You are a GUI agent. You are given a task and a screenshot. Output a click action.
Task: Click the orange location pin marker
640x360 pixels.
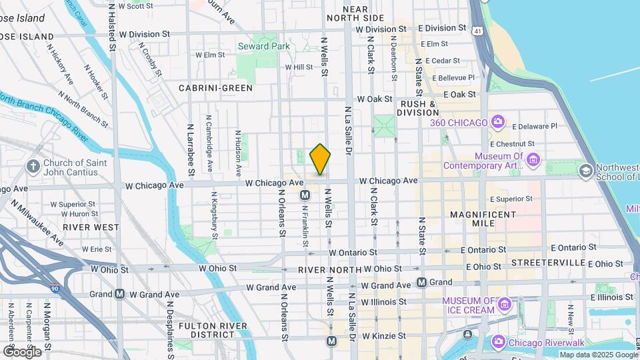pos(320,159)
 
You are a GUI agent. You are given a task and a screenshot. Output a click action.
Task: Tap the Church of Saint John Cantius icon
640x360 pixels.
pos(33,165)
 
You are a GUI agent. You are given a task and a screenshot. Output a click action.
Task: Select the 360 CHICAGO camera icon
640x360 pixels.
pos(497,122)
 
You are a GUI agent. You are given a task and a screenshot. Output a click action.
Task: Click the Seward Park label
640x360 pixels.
pos(263,46)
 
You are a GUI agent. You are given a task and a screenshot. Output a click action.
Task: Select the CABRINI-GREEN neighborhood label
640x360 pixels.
pos(215,88)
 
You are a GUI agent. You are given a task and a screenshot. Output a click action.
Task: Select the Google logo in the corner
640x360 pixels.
pos(22,351)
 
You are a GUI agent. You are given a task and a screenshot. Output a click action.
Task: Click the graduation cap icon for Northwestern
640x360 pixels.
pos(586,171)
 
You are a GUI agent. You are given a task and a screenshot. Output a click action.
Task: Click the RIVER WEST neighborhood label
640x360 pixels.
pos(91,227)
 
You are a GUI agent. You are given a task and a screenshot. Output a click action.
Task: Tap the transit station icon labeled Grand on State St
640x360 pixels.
pos(421,282)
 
